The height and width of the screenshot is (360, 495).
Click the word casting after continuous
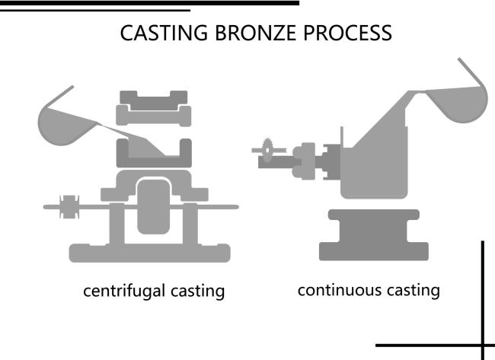412,289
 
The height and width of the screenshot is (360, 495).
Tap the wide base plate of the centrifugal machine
149,252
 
